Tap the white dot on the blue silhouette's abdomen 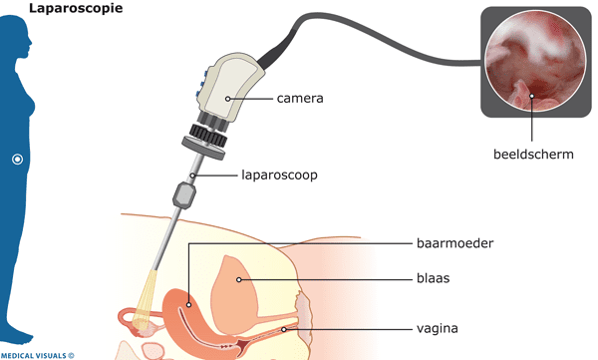(x=16, y=160)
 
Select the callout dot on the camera (x=228, y=98)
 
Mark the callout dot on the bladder (x=240, y=280)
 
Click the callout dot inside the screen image (x=532, y=97)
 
